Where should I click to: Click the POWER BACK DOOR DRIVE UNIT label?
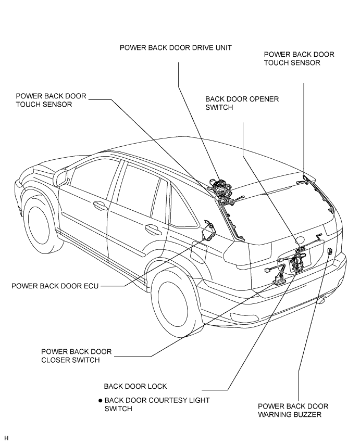click(176, 47)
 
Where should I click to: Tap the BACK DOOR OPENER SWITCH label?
click(242, 103)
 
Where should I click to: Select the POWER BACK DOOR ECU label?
click(55, 286)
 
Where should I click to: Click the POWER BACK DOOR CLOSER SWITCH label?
click(77, 356)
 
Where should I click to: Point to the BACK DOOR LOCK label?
click(135, 386)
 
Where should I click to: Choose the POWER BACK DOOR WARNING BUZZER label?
click(293, 410)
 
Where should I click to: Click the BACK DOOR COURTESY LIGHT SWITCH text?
click(157, 404)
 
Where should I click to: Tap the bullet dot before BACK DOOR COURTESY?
click(100, 401)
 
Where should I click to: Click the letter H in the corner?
click(7, 438)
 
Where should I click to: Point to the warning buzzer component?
click(330, 251)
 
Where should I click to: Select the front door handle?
click(97, 206)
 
